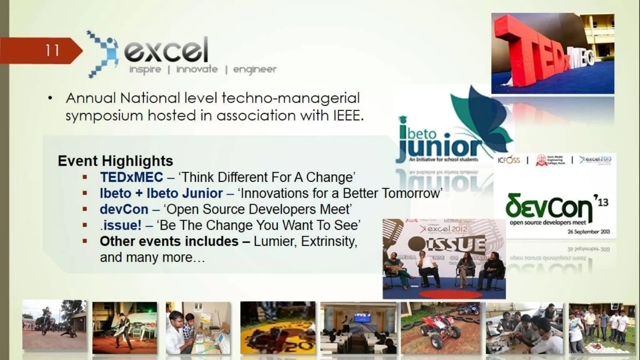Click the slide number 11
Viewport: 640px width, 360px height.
[52, 50]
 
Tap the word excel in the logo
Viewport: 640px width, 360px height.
[166, 50]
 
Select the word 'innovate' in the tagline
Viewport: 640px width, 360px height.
[197, 69]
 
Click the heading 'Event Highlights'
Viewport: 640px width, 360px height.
[115, 161]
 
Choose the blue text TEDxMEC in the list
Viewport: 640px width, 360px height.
[132, 177]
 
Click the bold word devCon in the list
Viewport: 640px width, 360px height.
[124, 209]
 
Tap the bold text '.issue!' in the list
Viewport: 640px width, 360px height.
[121, 225]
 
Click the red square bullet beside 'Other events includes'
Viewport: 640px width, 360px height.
[85, 241]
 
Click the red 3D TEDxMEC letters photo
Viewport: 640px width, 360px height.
[552, 53]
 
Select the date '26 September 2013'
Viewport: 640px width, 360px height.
[588, 232]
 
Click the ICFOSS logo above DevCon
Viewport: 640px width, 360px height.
[509, 160]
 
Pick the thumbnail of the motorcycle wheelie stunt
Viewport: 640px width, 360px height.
[54, 325]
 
